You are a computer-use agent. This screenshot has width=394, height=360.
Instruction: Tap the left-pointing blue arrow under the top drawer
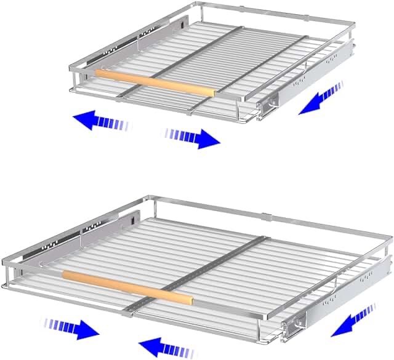click(98, 122)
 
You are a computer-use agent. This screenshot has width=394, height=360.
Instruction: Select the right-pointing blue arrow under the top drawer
click(194, 137)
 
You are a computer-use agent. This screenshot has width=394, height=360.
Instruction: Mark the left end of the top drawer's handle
click(97, 73)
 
